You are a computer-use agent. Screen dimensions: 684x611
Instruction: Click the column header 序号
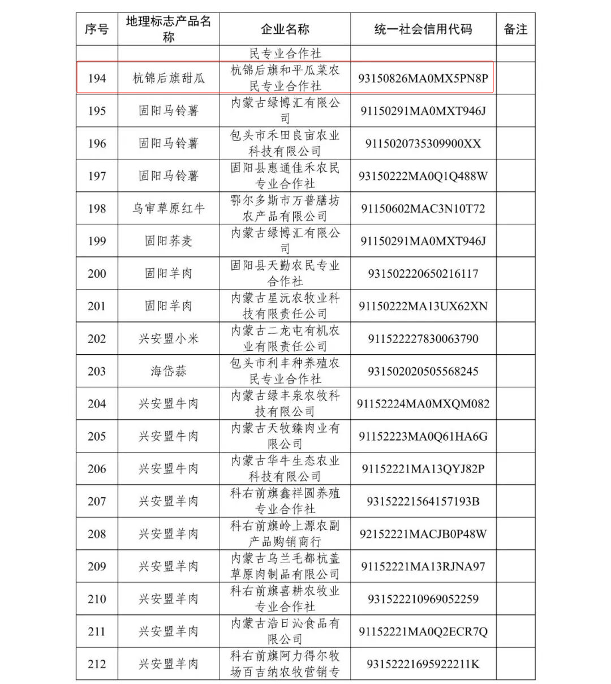point(97,29)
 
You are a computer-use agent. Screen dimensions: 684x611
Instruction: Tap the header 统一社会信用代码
point(423,29)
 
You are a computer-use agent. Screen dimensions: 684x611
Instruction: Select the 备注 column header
point(515,29)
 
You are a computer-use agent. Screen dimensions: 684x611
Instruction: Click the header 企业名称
point(285,29)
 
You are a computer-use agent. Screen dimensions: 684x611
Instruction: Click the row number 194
point(97,78)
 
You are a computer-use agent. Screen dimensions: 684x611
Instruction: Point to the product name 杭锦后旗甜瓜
point(169,78)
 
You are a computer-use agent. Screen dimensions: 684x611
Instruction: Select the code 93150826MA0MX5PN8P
point(423,78)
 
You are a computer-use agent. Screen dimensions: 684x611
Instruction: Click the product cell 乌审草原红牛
point(169,208)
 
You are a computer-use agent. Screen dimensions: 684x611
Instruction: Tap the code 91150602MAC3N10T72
point(423,208)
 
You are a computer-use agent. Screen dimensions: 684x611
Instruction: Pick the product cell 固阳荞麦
point(169,241)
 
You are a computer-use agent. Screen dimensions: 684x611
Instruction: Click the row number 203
point(97,371)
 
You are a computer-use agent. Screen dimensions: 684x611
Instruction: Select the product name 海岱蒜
point(169,371)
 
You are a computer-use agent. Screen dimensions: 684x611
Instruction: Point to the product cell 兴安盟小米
point(169,339)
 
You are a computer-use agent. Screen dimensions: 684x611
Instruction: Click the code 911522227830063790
point(423,339)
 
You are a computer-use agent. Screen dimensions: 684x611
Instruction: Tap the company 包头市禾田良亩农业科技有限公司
point(285,143)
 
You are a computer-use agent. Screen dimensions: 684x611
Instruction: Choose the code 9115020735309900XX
point(423,143)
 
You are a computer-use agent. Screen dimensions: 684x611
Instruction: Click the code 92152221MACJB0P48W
point(423,534)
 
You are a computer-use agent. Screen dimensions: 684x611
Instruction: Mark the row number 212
point(97,664)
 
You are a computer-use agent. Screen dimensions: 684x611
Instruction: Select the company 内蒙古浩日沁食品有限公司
point(285,631)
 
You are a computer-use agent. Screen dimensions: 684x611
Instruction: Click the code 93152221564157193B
point(423,501)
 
